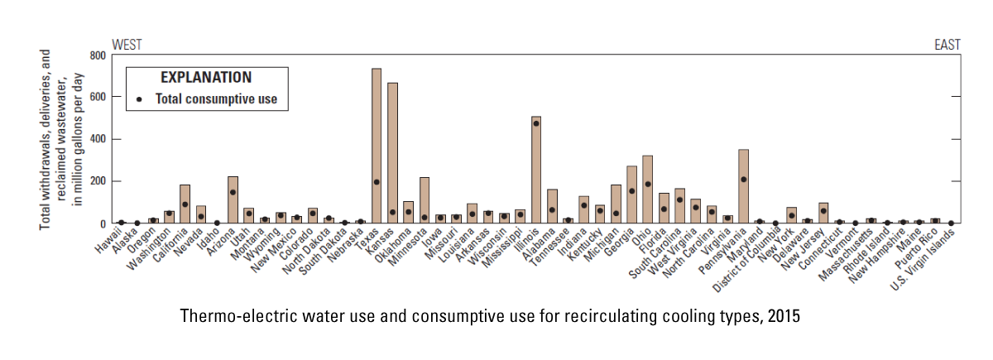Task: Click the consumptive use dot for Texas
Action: (x=377, y=182)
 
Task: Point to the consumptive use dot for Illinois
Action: (x=536, y=123)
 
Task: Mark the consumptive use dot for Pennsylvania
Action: (x=744, y=180)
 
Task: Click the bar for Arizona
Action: (x=233, y=199)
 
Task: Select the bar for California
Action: (x=185, y=204)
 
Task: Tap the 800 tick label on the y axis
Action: (x=98, y=55)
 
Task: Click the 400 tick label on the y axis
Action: (x=98, y=139)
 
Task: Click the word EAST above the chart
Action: (x=947, y=45)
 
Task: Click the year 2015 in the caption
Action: (x=784, y=315)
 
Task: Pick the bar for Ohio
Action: (x=648, y=190)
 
